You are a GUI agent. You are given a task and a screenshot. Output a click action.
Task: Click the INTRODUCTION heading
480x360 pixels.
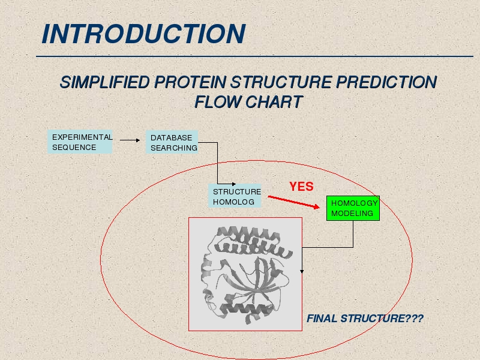pos(143,34)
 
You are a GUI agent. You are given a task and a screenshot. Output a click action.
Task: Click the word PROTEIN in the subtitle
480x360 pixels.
pos(190,82)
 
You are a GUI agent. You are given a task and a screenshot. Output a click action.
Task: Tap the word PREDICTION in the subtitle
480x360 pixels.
pos(386,82)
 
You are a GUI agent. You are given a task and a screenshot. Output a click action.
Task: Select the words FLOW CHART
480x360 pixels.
pos(248,101)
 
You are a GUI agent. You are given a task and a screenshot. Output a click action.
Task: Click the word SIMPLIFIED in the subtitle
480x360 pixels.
pos(104,82)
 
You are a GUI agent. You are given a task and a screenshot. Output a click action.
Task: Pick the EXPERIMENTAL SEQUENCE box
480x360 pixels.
pos(80,142)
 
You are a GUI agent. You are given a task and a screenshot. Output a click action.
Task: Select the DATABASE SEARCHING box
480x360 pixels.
pos(172,142)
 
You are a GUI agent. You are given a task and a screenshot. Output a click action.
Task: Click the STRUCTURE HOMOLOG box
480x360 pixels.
pos(235,196)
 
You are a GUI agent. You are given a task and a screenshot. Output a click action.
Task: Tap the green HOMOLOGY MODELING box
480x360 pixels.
pos(353,208)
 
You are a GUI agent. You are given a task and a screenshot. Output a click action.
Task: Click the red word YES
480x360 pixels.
pos(302,187)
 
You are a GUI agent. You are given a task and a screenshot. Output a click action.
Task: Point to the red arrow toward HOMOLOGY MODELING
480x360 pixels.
pos(293,202)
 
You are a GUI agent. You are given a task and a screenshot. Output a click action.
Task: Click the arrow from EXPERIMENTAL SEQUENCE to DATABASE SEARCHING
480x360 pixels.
pos(130,140)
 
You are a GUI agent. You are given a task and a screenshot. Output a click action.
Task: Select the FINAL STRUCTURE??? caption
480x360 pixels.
pos(365,319)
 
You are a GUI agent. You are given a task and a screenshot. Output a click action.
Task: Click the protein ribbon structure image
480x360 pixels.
pos(245,274)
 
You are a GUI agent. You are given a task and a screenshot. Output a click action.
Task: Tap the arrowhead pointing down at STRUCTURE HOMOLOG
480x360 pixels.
pos(234,184)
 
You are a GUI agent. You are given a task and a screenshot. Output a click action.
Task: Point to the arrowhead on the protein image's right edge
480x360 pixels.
pos(302,272)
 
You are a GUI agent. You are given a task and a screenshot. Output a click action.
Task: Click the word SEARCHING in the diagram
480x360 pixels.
pos(174,148)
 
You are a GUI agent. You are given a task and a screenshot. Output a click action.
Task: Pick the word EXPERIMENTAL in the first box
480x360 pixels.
pos(82,137)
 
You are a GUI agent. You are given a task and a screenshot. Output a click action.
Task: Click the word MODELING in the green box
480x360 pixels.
pos(352,214)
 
